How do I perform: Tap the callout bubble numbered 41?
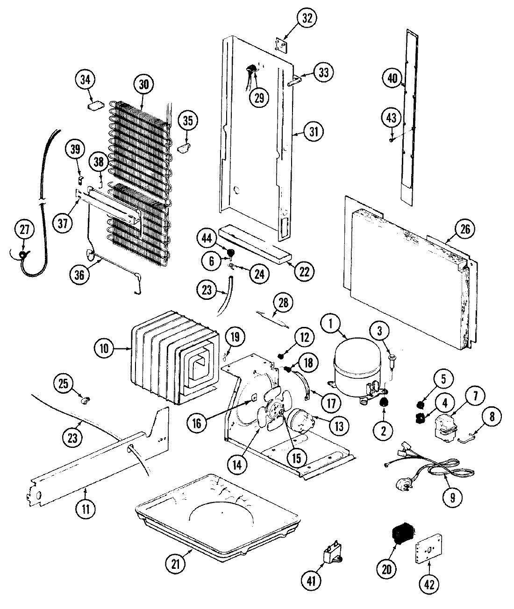pyautogui.click(x=312, y=581)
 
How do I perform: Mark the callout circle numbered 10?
pyautogui.click(x=104, y=348)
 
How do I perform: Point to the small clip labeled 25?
pyautogui.click(x=85, y=400)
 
